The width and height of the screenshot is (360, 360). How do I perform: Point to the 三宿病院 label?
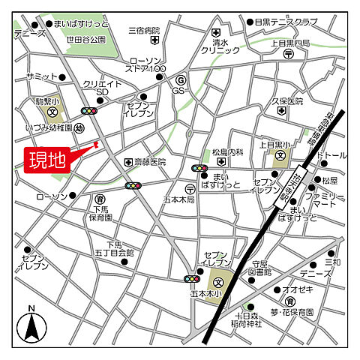[145, 31]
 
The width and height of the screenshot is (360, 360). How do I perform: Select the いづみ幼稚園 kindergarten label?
[47, 129]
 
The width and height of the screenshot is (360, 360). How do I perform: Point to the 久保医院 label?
[287, 100]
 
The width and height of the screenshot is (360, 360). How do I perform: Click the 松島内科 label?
[227, 152]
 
